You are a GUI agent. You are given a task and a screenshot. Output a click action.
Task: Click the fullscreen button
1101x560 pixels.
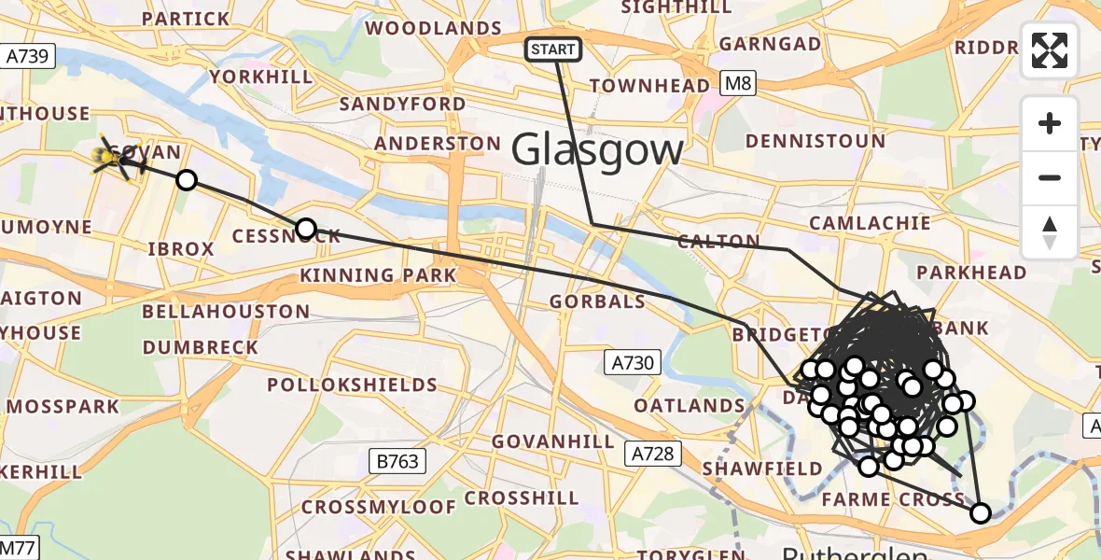(1050, 50)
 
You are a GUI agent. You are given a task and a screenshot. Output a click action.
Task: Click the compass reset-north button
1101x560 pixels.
(1050, 232)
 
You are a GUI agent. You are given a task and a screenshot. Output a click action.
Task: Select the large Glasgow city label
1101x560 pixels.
(597, 149)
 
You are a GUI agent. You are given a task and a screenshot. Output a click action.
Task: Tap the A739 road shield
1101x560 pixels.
(27, 57)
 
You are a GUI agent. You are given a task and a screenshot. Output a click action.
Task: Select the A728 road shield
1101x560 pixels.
(649, 454)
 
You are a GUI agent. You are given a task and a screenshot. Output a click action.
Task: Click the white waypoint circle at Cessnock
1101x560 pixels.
(305, 229)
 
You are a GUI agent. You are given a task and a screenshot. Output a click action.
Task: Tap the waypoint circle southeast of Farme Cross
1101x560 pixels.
(980, 512)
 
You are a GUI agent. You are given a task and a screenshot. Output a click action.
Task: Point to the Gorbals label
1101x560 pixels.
(597, 301)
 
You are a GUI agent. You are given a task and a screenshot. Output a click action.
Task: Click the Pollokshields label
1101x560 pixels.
(352, 385)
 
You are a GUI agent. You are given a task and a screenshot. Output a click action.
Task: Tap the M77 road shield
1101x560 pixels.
(18, 547)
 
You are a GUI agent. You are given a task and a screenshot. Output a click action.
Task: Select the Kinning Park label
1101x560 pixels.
(378, 275)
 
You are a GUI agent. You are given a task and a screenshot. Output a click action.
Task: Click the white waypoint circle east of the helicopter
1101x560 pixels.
(187, 179)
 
